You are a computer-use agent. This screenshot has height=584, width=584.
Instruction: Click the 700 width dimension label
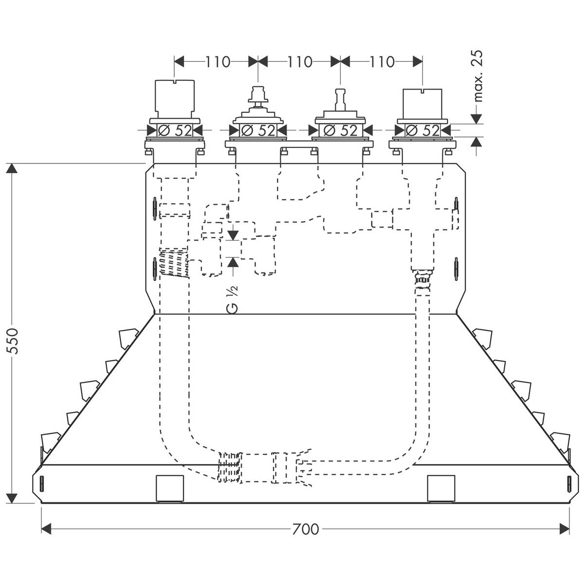pyautogui.click(x=306, y=529)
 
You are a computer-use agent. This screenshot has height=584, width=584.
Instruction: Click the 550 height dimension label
pyautogui.click(x=13, y=341)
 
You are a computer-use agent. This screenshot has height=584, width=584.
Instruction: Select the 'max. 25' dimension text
pyautogui.click(x=479, y=75)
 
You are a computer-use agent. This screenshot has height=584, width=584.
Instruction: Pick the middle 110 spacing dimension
pyautogui.click(x=299, y=62)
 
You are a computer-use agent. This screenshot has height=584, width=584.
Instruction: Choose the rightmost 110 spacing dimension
pyautogui.click(x=382, y=62)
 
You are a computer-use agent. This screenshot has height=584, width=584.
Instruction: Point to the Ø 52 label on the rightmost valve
pyautogui.click(x=422, y=130)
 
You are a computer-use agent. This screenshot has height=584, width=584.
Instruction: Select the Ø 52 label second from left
pyautogui.click(x=258, y=130)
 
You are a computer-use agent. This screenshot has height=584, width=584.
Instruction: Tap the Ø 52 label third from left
pyautogui.click(x=340, y=130)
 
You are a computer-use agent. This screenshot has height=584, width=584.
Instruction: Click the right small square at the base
pyautogui.click(x=441, y=488)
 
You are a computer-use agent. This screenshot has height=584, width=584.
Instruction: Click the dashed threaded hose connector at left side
pyautogui.click(x=172, y=262)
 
